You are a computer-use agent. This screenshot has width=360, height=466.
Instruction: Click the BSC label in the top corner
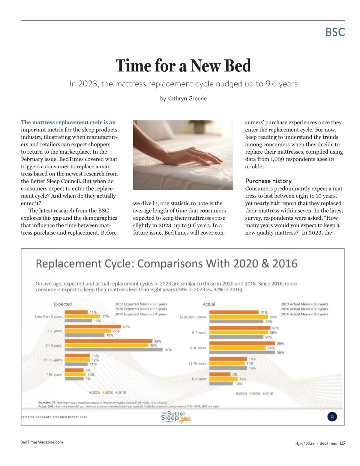pos(335,32)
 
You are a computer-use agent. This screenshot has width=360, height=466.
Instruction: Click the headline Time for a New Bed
pos(183,66)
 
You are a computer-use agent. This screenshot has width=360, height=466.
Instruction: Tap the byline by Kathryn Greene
pos(183,98)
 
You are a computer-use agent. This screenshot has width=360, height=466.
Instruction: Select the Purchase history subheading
pos(268,181)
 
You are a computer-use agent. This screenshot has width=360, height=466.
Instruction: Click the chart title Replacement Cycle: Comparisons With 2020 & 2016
pos(166,264)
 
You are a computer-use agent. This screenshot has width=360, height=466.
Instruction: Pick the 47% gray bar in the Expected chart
pos(114,350)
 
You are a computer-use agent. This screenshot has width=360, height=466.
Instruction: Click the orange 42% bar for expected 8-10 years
pos(109,341)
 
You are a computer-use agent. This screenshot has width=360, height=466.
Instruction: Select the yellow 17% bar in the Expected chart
pos(82,316)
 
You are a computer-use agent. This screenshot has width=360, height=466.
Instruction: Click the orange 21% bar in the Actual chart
pos(234,312)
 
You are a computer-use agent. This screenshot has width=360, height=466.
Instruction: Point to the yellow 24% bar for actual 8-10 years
pos(238,348)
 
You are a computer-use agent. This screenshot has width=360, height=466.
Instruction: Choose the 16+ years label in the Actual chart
pos(199,379)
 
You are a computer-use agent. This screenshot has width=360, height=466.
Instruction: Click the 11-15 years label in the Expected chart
pos(52,360)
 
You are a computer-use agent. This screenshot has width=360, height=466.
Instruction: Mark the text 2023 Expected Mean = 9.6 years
pos(141,304)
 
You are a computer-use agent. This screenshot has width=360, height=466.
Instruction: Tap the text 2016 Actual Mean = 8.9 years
pos(304,314)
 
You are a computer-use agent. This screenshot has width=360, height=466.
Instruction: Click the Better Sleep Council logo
pos(175,417)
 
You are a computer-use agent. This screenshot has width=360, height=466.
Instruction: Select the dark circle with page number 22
pos(332,416)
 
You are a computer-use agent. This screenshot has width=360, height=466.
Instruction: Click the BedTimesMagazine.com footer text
pos(42,442)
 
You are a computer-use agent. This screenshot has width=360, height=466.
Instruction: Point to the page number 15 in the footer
pos(342,443)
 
